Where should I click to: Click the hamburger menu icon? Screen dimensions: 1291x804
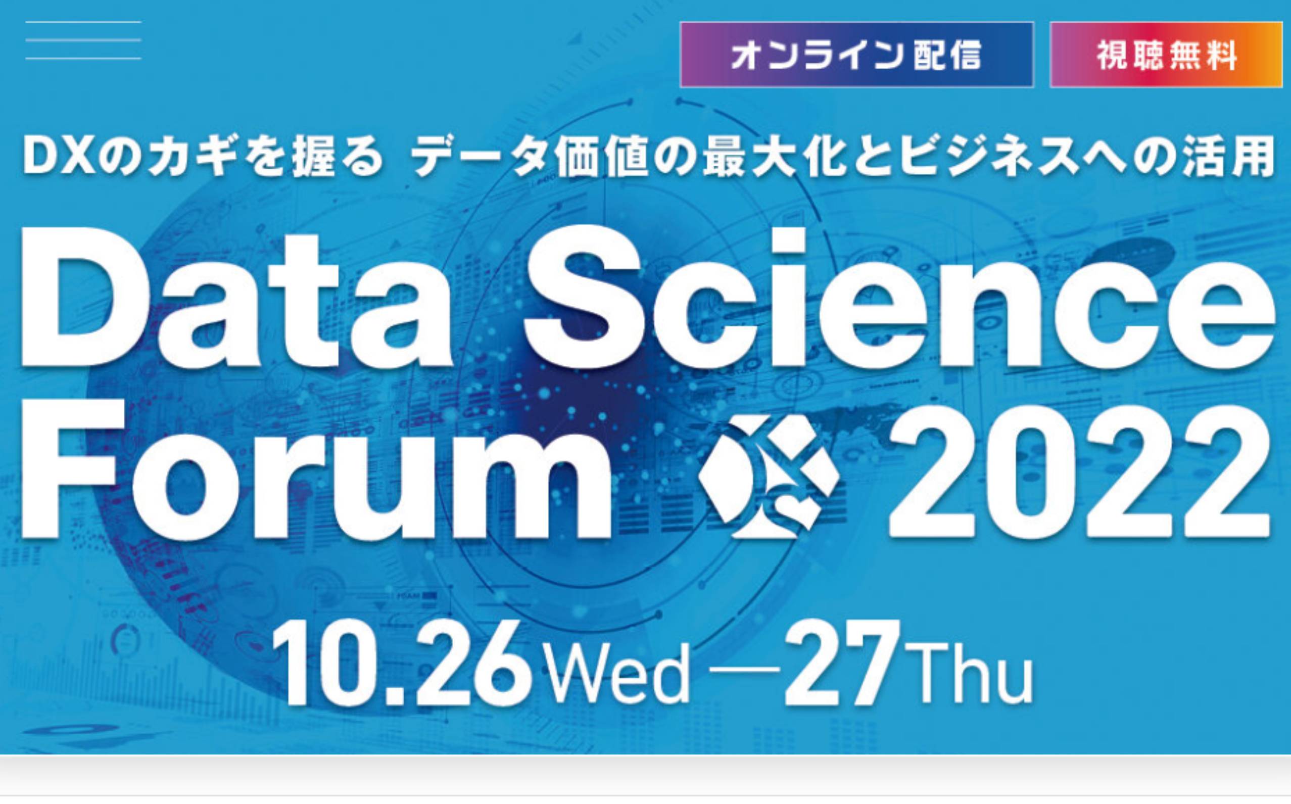point(83,40)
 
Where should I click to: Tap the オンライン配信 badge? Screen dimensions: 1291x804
point(856,55)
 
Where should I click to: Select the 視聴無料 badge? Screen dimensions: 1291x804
point(1166,55)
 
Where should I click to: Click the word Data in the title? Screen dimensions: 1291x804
point(235,298)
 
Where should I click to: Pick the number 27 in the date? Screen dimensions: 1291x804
point(842,663)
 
